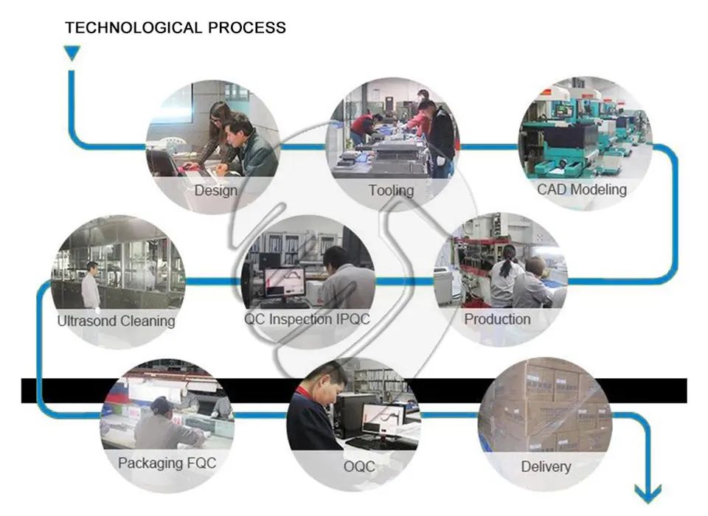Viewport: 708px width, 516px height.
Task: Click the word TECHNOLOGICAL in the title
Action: point(133,27)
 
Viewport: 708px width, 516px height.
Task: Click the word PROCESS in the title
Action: point(247,27)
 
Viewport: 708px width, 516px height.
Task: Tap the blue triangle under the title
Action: point(72,52)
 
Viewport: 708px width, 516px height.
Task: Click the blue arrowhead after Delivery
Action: point(648,493)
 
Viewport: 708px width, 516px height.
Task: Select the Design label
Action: point(216,190)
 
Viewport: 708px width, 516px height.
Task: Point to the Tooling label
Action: point(391,190)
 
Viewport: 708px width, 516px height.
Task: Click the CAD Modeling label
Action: point(582,189)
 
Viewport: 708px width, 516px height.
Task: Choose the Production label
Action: point(497,319)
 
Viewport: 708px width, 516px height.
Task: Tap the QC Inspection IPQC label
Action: point(307,319)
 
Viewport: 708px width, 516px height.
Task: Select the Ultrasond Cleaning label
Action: point(116,321)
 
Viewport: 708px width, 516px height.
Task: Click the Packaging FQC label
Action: point(167,463)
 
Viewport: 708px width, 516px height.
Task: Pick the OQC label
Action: point(359,467)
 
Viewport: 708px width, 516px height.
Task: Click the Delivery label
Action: point(546,467)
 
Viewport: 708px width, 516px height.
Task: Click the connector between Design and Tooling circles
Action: point(303,147)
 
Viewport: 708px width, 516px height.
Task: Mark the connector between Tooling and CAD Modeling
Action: point(489,147)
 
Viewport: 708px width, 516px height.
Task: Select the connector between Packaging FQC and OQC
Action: point(260,415)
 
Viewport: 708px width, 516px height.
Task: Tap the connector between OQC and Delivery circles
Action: point(449,415)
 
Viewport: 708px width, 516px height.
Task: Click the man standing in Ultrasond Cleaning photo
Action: point(91,285)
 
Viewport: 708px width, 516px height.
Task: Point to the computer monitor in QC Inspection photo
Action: point(285,282)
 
